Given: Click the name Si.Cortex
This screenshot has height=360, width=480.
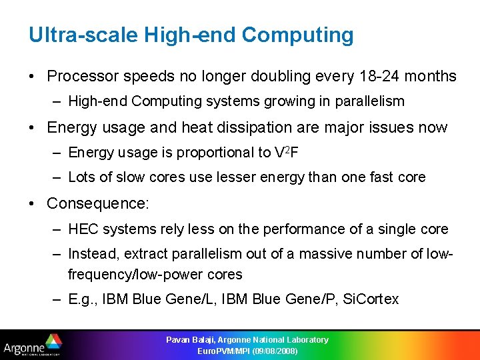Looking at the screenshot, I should (x=370, y=299).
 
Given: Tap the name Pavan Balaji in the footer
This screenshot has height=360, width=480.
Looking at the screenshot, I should (x=193, y=340).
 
